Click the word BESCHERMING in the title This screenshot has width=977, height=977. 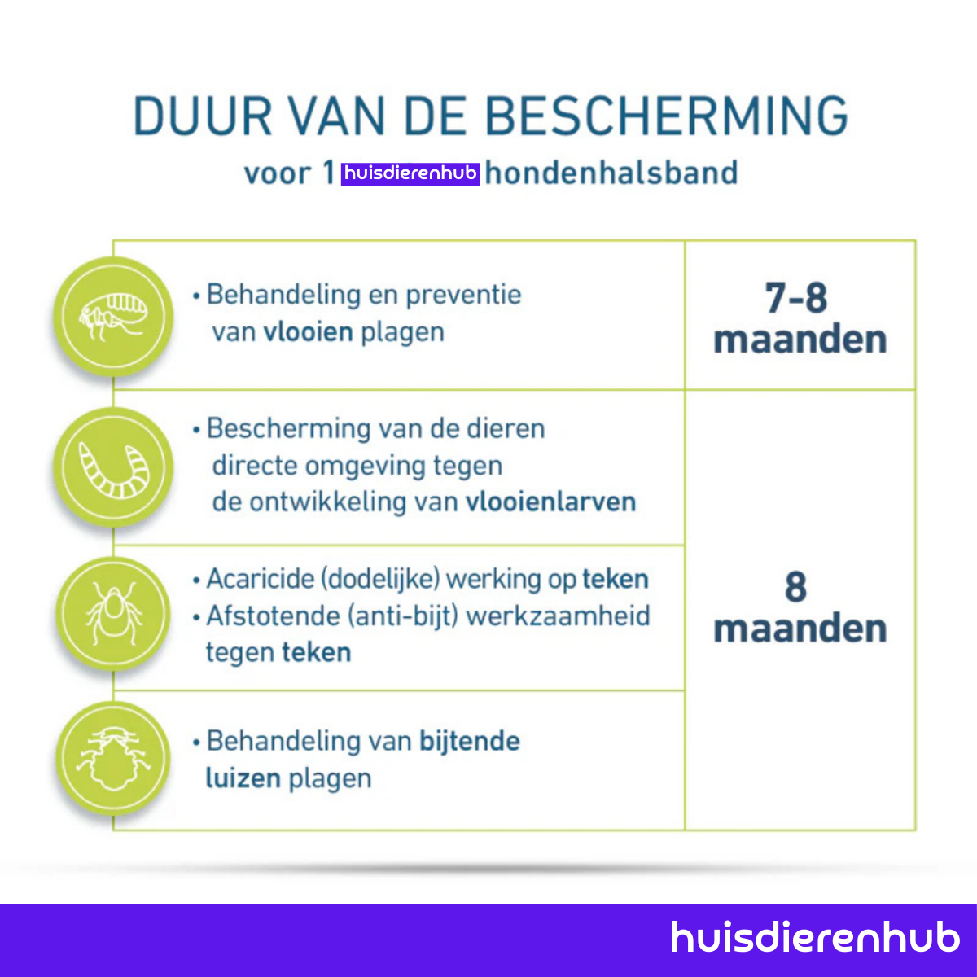(668, 116)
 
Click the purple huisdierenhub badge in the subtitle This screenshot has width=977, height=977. (410, 173)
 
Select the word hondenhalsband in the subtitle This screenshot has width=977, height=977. (611, 173)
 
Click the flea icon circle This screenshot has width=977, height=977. (113, 317)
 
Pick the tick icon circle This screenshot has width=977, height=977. (113, 614)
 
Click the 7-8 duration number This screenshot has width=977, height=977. (796, 298)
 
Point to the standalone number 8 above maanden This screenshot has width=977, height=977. (795, 587)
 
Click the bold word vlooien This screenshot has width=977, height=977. (308, 332)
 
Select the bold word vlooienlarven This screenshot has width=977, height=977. (550, 502)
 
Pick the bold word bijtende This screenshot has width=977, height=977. (469, 741)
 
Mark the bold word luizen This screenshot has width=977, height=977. (243, 778)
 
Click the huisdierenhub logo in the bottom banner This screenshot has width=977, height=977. (815, 937)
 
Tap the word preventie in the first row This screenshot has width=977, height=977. (463, 294)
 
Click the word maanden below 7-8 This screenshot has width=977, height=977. (800, 340)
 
